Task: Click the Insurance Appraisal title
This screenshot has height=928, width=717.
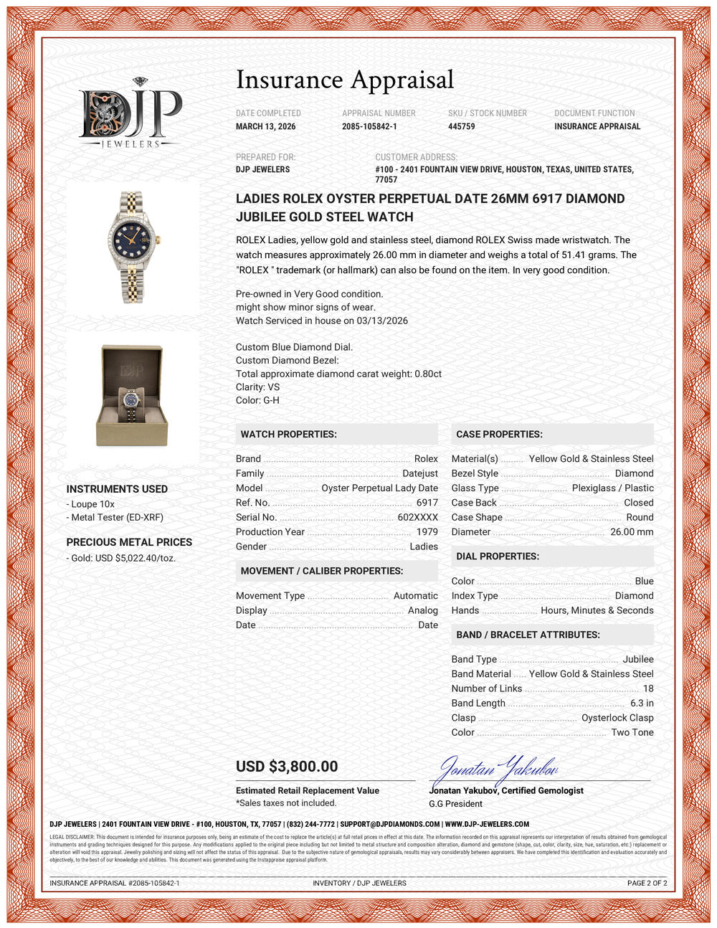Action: pos(345,80)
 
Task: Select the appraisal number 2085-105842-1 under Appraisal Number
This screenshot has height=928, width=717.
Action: pos(369,126)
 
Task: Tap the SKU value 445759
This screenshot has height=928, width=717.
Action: pos(461,126)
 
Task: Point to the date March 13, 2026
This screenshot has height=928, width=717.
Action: pos(265,126)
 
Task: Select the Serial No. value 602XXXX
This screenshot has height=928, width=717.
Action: pos(417,517)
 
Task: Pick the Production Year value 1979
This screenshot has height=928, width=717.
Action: pos(427,531)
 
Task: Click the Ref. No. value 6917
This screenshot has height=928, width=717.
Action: pos(427,503)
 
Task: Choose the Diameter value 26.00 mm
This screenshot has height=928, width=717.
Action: pos(632,531)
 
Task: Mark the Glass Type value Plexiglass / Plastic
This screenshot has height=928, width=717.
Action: pos(612,488)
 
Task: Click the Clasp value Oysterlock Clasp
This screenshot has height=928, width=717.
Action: pos(617,717)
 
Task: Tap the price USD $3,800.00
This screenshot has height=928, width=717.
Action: pos(287,766)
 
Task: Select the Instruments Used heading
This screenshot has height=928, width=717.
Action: pos(117,489)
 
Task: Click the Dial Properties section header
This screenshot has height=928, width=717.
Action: pos(498,557)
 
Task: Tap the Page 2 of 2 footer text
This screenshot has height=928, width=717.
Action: pos(647,883)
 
